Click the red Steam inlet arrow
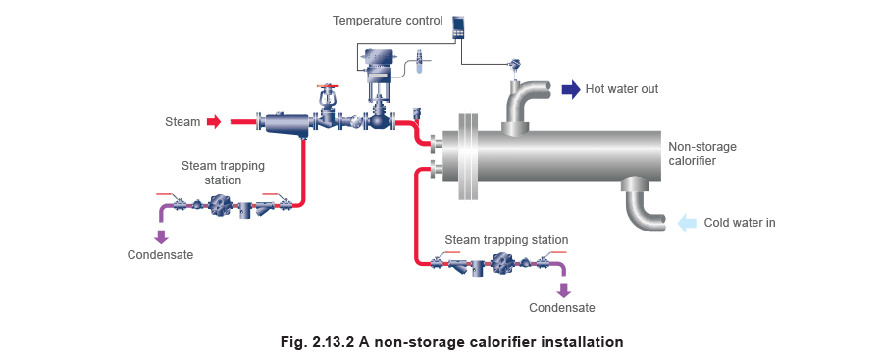(213, 122)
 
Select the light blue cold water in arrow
(688, 223)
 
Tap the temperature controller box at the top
(459, 26)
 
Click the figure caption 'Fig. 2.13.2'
(450, 342)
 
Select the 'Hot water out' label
(624, 90)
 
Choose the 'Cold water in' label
(740, 224)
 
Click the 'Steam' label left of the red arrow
(183, 122)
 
